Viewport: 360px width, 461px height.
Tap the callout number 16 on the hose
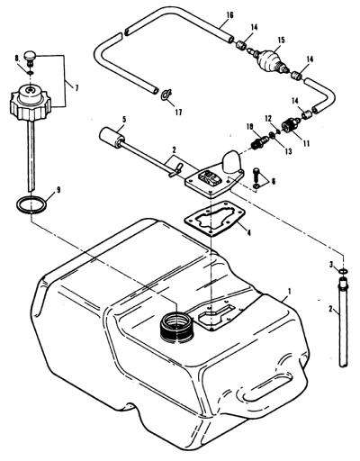(x=229, y=14)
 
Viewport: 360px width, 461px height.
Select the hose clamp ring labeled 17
(x=166, y=95)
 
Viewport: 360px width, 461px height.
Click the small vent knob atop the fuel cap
(x=30, y=57)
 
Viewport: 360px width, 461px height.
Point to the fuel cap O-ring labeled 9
(x=31, y=204)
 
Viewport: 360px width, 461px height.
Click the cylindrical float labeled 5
(x=112, y=137)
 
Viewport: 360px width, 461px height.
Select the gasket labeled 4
(x=215, y=218)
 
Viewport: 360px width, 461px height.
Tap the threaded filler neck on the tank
(x=177, y=327)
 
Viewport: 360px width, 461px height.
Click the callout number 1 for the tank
(x=290, y=291)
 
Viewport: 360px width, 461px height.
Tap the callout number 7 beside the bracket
(x=76, y=88)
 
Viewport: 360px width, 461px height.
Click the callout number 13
(x=288, y=152)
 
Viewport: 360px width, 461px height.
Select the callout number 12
(x=268, y=118)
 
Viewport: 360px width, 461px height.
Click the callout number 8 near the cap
(x=17, y=58)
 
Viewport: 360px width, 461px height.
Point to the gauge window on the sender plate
(x=209, y=177)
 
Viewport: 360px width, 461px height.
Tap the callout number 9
(x=58, y=190)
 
